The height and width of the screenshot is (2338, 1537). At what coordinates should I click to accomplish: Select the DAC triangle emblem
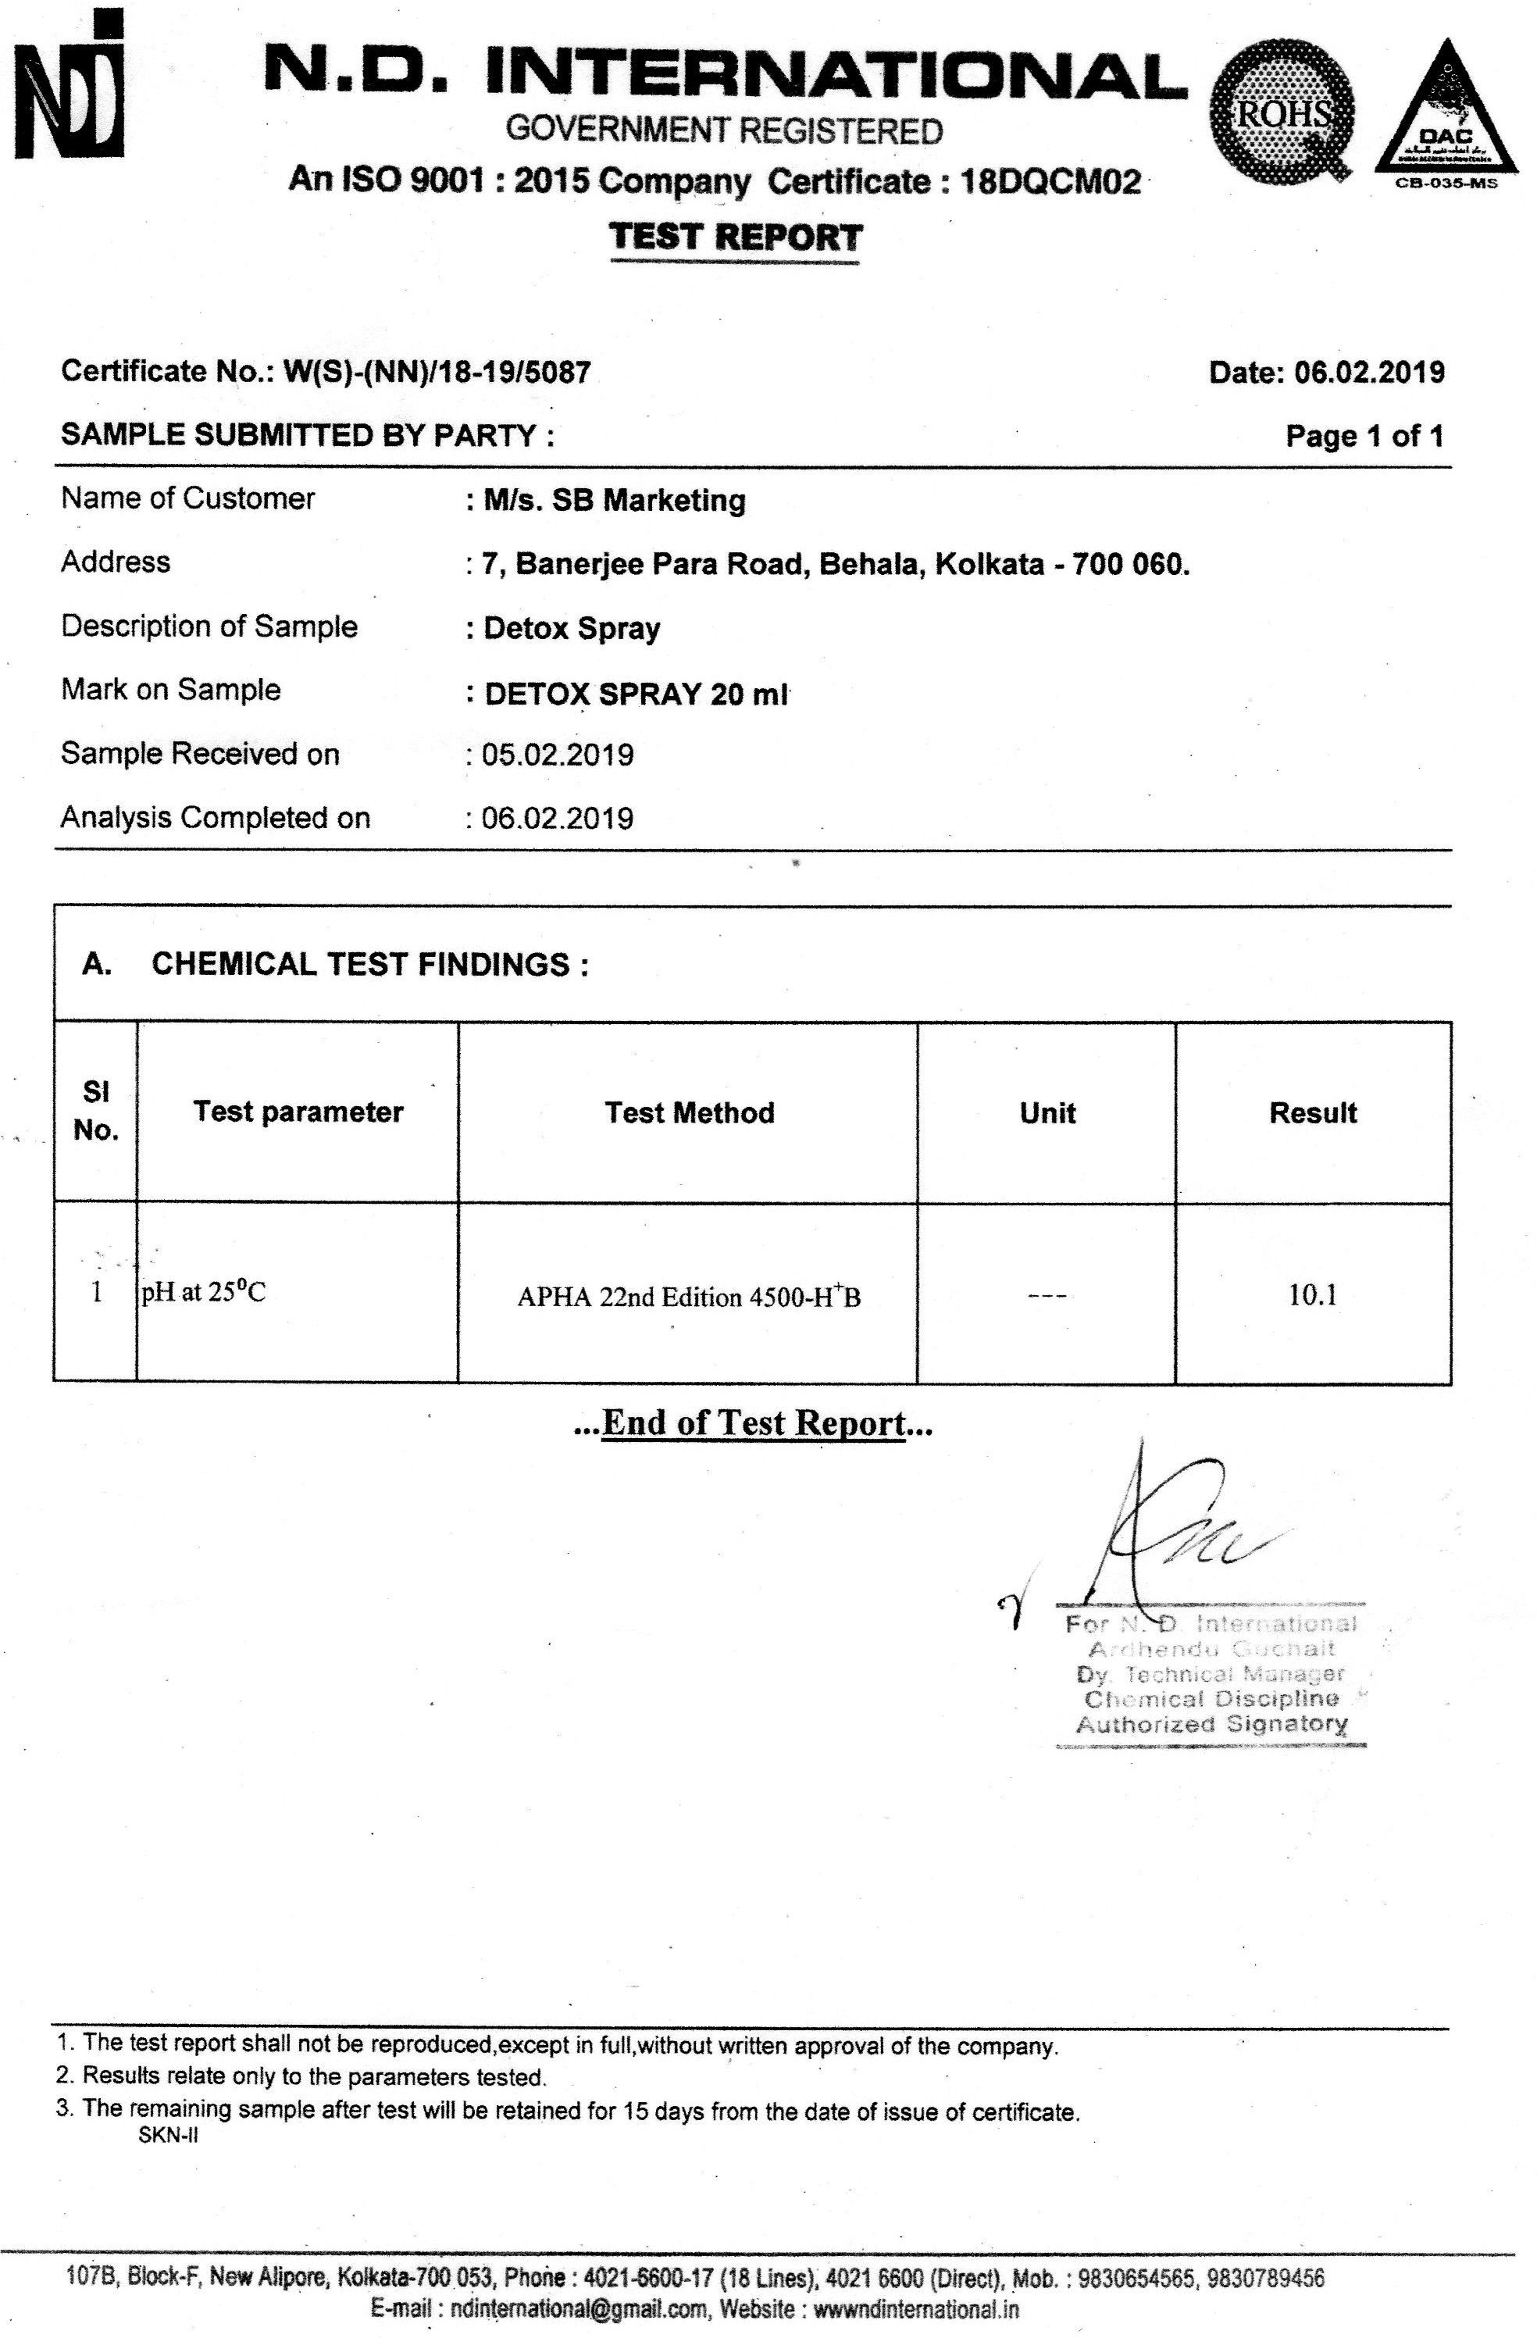(x=1445, y=113)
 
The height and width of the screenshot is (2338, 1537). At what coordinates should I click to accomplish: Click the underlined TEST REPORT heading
(x=735, y=237)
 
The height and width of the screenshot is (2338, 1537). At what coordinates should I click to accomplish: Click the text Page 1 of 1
(x=1364, y=436)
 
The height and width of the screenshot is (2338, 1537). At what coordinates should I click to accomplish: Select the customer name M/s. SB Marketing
(x=614, y=500)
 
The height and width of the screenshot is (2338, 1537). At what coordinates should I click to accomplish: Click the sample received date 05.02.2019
(x=557, y=755)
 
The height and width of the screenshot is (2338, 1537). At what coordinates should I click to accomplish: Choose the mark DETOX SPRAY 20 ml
(x=636, y=694)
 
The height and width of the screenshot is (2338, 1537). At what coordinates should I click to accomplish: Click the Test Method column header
(x=690, y=1112)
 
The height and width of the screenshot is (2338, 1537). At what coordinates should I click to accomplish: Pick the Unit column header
(x=1047, y=1113)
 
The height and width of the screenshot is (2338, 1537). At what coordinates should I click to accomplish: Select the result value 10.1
(x=1312, y=1294)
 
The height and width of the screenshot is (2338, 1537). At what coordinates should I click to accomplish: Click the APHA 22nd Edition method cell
(x=689, y=1297)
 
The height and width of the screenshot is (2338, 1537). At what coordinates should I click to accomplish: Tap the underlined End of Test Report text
(x=754, y=1422)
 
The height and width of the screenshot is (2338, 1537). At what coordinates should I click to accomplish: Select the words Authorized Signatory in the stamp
(x=1211, y=1723)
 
